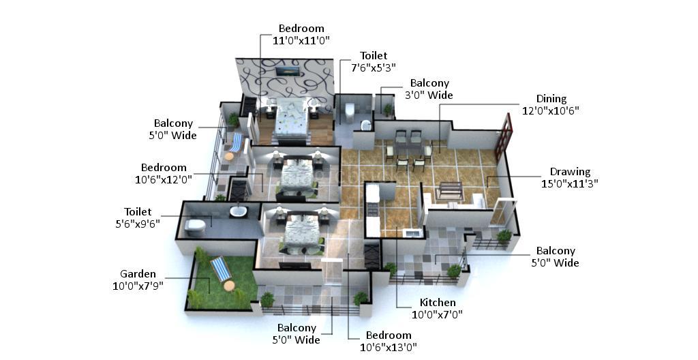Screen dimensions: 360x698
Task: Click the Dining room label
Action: [x=551, y=99]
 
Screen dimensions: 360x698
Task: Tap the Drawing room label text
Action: [x=570, y=172]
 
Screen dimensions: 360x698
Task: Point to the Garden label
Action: [x=138, y=274]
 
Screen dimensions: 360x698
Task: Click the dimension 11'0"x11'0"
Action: [x=301, y=40]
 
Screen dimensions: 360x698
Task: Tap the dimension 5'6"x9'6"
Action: [x=138, y=224]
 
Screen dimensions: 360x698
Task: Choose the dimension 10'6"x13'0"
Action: [x=389, y=347]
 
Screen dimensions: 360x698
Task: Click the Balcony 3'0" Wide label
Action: [x=429, y=89]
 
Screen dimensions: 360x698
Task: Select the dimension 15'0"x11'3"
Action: [x=570, y=183]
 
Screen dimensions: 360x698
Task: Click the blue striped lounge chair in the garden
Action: [x=220, y=269]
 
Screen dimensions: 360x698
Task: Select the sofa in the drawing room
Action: [x=449, y=191]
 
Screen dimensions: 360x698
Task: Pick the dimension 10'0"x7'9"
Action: [x=138, y=286]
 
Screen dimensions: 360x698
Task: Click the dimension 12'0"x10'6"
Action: [x=551, y=110]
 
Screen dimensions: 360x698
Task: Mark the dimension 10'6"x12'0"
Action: [x=164, y=179]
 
